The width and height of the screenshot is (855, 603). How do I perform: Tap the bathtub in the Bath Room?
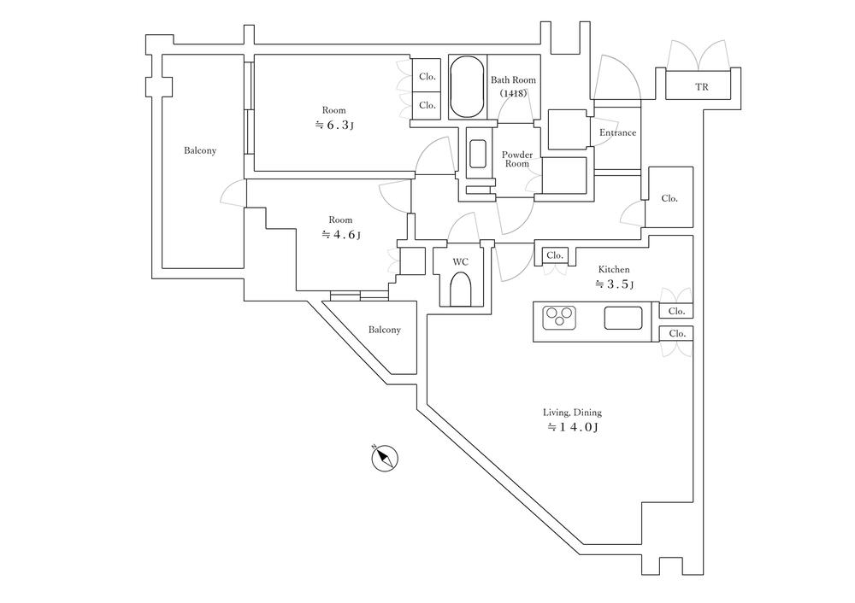(x=466, y=87)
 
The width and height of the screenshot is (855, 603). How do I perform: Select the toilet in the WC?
(x=461, y=290)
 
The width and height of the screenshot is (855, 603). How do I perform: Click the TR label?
(x=701, y=87)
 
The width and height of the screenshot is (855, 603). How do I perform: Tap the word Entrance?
(x=617, y=132)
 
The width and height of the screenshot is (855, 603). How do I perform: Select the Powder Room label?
(x=516, y=159)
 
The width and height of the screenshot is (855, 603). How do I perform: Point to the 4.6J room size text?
(x=340, y=234)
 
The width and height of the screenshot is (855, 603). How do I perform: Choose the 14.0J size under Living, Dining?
(x=571, y=427)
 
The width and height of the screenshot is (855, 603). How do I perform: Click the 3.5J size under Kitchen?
(x=615, y=284)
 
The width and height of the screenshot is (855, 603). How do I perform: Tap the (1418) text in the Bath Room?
(x=513, y=93)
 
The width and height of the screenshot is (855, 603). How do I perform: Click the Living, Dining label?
(x=571, y=413)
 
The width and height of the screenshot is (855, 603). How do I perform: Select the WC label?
(x=460, y=261)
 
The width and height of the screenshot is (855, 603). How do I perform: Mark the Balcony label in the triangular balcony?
(x=385, y=330)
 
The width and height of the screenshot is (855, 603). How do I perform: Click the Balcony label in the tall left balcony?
(x=200, y=151)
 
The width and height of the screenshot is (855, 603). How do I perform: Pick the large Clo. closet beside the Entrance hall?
(x=669, y=198)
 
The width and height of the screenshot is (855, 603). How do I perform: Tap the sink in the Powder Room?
(x=478, y=153)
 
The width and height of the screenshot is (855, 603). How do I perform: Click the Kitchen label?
(x=614, y=269)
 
